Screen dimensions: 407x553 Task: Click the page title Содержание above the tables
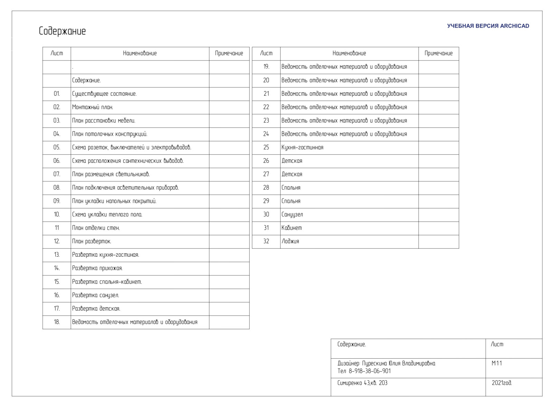click(x=62, y=31)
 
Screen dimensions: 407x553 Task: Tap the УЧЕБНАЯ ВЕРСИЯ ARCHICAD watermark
click(x=488, y=26)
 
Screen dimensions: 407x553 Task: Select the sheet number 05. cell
click(x=57, y=148)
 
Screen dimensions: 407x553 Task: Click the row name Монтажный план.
click(x=93, y=107)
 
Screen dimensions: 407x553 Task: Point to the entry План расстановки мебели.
click(x=104, y=121)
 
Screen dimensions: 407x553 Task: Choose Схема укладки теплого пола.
click(x=107, y=215)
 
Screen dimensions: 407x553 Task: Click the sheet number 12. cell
click(x=57, y=242)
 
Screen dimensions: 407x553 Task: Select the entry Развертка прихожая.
click(x=97, y=268)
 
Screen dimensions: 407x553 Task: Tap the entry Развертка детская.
click(x=96, y=309)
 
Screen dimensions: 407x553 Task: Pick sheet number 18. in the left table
click(x=57, y=322)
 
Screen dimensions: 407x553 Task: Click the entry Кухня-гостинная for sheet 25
click(x=302, y=148)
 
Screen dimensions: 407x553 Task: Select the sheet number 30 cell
click(x=266, y=215)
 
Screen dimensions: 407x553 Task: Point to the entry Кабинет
click(x=292, y=228)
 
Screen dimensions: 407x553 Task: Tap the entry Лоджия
click(x=290, y=242)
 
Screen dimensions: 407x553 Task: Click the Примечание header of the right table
click(x=439, y=53)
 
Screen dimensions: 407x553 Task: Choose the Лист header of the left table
click(x=57, y=53)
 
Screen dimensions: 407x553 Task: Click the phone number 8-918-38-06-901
click(x=370, y=371)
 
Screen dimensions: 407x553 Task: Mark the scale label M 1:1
click(x=497, y=363)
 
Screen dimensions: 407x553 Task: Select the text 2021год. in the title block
click(x=502, y=383)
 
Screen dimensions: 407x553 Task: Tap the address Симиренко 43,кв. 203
click(x=363, y=383)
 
